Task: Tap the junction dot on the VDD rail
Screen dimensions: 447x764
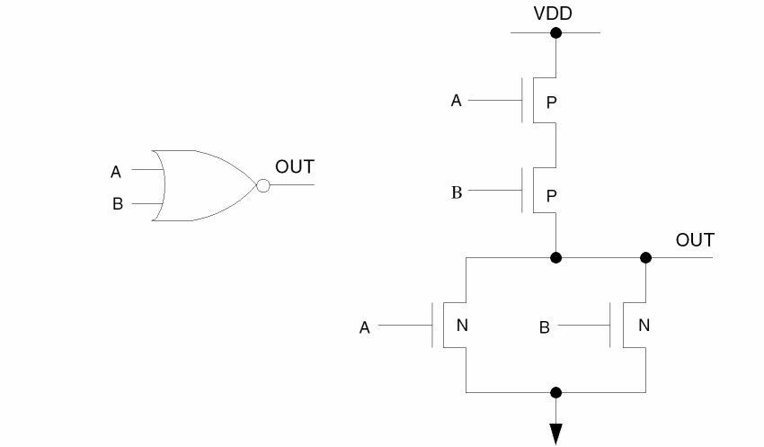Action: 556,33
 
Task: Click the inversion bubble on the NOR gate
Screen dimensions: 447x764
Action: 262,185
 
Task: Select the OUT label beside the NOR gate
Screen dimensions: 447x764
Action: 295,167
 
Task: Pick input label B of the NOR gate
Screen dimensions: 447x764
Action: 117,204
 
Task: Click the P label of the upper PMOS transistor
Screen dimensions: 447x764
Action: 552,103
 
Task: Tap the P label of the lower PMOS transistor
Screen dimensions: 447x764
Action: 552,195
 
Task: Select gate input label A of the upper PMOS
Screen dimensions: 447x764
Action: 456,101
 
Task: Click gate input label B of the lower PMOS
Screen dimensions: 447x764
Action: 456,192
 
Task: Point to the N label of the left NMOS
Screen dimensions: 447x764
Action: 462,326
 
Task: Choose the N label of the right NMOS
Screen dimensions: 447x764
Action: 644,326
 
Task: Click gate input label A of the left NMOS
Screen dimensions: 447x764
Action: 364,328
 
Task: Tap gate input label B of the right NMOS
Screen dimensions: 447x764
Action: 544,328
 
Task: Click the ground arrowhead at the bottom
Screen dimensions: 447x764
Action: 556,434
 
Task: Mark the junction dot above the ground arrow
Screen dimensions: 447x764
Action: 556,393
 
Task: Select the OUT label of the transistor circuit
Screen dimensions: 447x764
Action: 695,240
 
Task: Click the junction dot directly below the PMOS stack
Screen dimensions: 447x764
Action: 556,258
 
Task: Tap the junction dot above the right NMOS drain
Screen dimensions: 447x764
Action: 645,258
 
